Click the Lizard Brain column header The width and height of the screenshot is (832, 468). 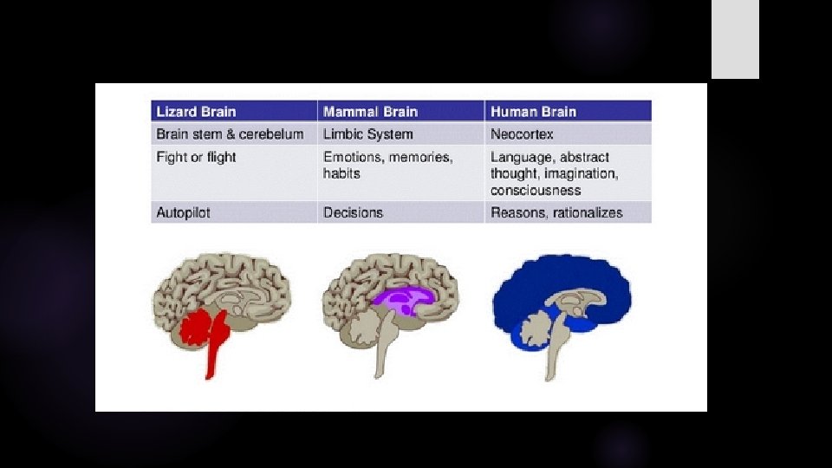[x=196, y=112]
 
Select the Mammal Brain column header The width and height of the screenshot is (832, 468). [x=370, y=112]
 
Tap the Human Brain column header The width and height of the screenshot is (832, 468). [x=533, y=112]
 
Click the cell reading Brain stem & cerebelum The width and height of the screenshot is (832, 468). [x=230, y=134]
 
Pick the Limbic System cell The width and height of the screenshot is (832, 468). [x=367, y=134]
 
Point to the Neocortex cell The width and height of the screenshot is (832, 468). [x=522, y=134]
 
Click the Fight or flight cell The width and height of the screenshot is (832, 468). [x=196, y=157]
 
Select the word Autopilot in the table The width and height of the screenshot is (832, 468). [x=184, y=212]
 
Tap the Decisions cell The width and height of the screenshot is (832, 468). [x=353, y=212]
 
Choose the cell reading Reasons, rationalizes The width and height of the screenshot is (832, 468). [x=556, y=212]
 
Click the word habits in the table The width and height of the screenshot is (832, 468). [x=341, y=173]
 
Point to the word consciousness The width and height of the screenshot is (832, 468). [x=536, y=190]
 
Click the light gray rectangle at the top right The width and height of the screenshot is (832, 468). [x=735, y=39]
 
